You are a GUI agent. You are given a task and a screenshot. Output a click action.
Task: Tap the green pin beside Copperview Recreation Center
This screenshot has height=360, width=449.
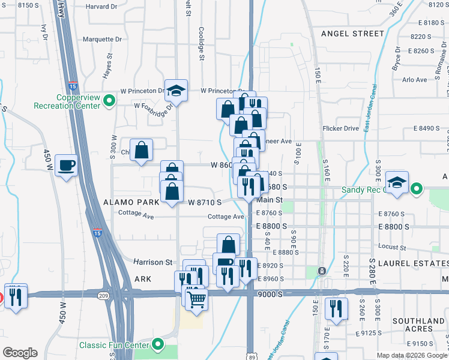tap(109, 101)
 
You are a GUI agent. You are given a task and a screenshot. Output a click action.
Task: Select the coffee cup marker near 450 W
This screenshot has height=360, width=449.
tap(66, 165)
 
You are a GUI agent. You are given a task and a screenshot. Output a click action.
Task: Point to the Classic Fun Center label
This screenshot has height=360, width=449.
tap(115, 345)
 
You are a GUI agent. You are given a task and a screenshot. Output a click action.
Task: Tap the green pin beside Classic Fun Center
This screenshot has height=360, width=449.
tap(158, 344)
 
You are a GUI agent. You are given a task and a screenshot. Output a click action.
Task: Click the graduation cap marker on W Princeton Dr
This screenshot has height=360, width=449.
tap(176, 90)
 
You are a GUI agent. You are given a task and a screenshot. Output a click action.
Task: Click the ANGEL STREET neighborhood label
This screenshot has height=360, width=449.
tap(352, 34)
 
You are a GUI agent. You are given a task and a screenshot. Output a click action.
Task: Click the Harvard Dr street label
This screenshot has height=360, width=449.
tap(101, 7)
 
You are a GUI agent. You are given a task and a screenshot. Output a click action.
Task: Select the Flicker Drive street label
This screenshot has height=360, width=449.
tap(340, 128)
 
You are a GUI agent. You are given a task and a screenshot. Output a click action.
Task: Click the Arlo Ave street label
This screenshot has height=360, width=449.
tap(415, 79)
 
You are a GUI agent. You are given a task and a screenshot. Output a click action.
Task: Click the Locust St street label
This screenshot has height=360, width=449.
tap(393, 247)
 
